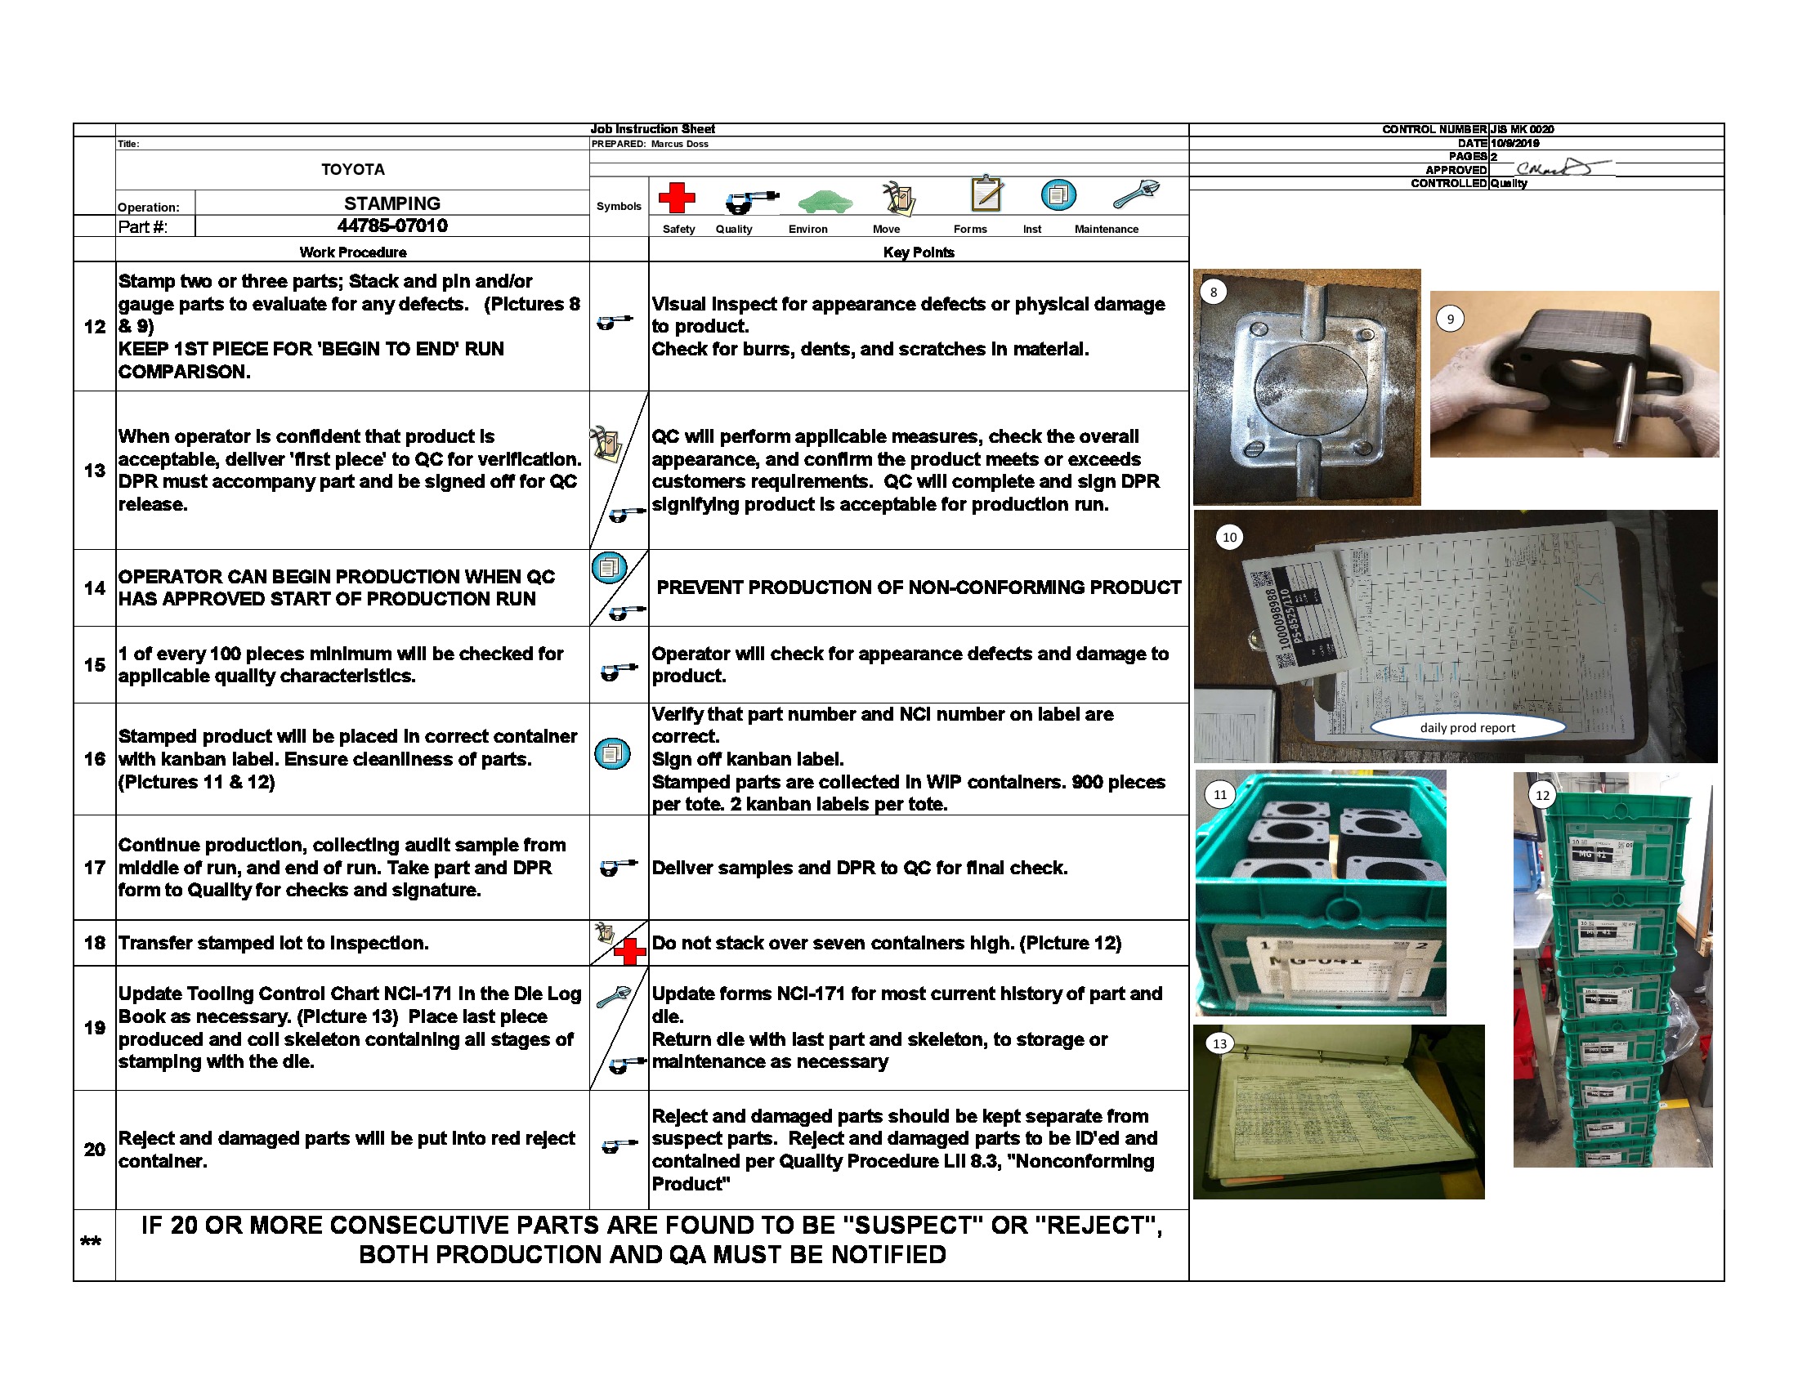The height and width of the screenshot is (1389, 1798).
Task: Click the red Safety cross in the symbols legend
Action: point(676,198)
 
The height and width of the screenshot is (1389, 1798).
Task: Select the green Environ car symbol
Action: point(824,201)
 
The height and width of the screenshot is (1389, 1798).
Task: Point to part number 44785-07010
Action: point(391,226)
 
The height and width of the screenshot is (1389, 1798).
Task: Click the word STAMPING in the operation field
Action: point(391,203)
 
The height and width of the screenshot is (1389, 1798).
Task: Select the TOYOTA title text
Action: point(352,169)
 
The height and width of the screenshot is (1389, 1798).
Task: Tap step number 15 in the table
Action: point(94,665)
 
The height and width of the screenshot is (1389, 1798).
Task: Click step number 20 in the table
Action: point(94,1149)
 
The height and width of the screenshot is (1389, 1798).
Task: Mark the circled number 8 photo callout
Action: point(1213,293)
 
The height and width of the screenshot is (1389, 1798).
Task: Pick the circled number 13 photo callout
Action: point(1219,1043)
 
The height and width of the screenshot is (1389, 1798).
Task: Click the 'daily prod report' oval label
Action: point(1467,727)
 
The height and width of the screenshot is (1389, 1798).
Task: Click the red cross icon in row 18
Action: point(629,952)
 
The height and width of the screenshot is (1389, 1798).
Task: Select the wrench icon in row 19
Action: point(611,998)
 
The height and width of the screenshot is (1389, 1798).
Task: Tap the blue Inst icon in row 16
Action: point(612,754)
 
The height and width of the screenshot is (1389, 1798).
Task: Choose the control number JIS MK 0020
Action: point(1522,129)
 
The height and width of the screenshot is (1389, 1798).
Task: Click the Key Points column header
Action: point(918,252)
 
